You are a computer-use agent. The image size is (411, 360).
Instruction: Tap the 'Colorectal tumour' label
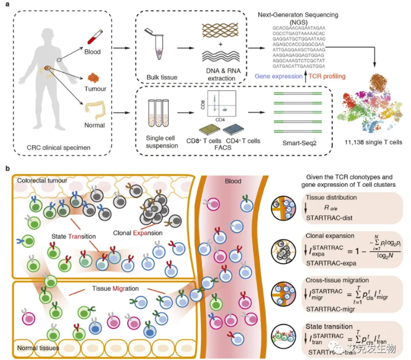pyautogui.click(x=44, y=180)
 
